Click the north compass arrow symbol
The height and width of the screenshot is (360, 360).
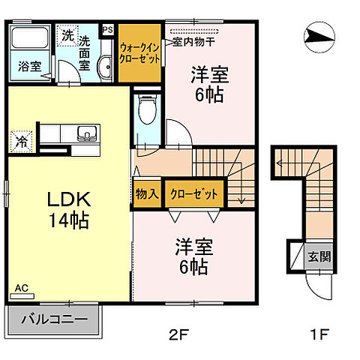[320, 35]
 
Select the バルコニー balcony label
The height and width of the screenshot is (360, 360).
[55, 319]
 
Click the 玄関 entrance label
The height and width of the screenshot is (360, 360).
[318, 256]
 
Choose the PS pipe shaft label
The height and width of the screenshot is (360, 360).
[107, 30]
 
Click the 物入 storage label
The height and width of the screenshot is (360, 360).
[147, 193]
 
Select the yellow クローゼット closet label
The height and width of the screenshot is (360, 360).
[194, 193]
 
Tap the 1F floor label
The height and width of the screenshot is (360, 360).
[316, 335]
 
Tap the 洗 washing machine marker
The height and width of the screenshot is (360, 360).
[67, 35]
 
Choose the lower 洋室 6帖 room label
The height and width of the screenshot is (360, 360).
[192, 256]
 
